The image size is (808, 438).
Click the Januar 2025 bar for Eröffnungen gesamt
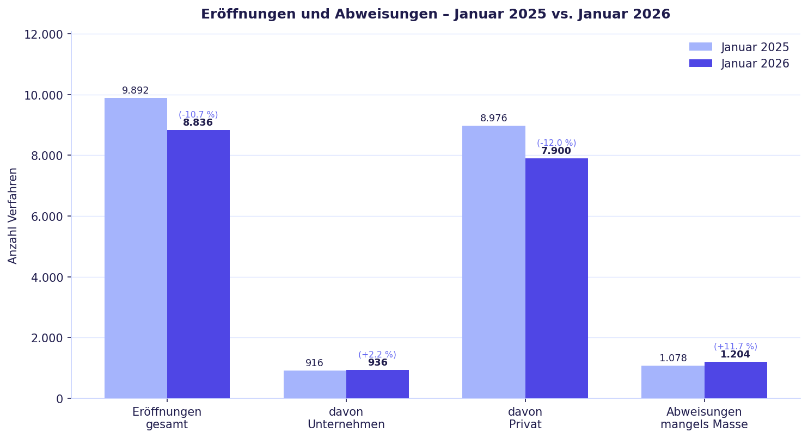point(136,248)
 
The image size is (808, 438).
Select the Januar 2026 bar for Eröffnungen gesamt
point(198,264)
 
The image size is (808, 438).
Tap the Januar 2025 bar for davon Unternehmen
point(315,385)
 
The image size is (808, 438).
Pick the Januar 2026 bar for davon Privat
point(556,278)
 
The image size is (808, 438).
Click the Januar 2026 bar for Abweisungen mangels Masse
point(736,380)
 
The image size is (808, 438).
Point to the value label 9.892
point(136,91)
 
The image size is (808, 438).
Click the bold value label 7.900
point(556,151)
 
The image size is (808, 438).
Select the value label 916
point(314,363)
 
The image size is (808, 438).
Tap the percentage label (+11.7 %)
point(735,347)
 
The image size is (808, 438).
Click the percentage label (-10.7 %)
point(198,115)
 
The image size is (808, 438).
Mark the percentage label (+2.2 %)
point(377,355)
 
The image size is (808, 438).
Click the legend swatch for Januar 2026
point(700,64)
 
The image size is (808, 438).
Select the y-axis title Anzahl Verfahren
point(13,215)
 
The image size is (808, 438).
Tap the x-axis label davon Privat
point(525,418)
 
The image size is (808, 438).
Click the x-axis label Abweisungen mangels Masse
point(704,418)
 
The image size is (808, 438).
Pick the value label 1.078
point(673,359)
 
